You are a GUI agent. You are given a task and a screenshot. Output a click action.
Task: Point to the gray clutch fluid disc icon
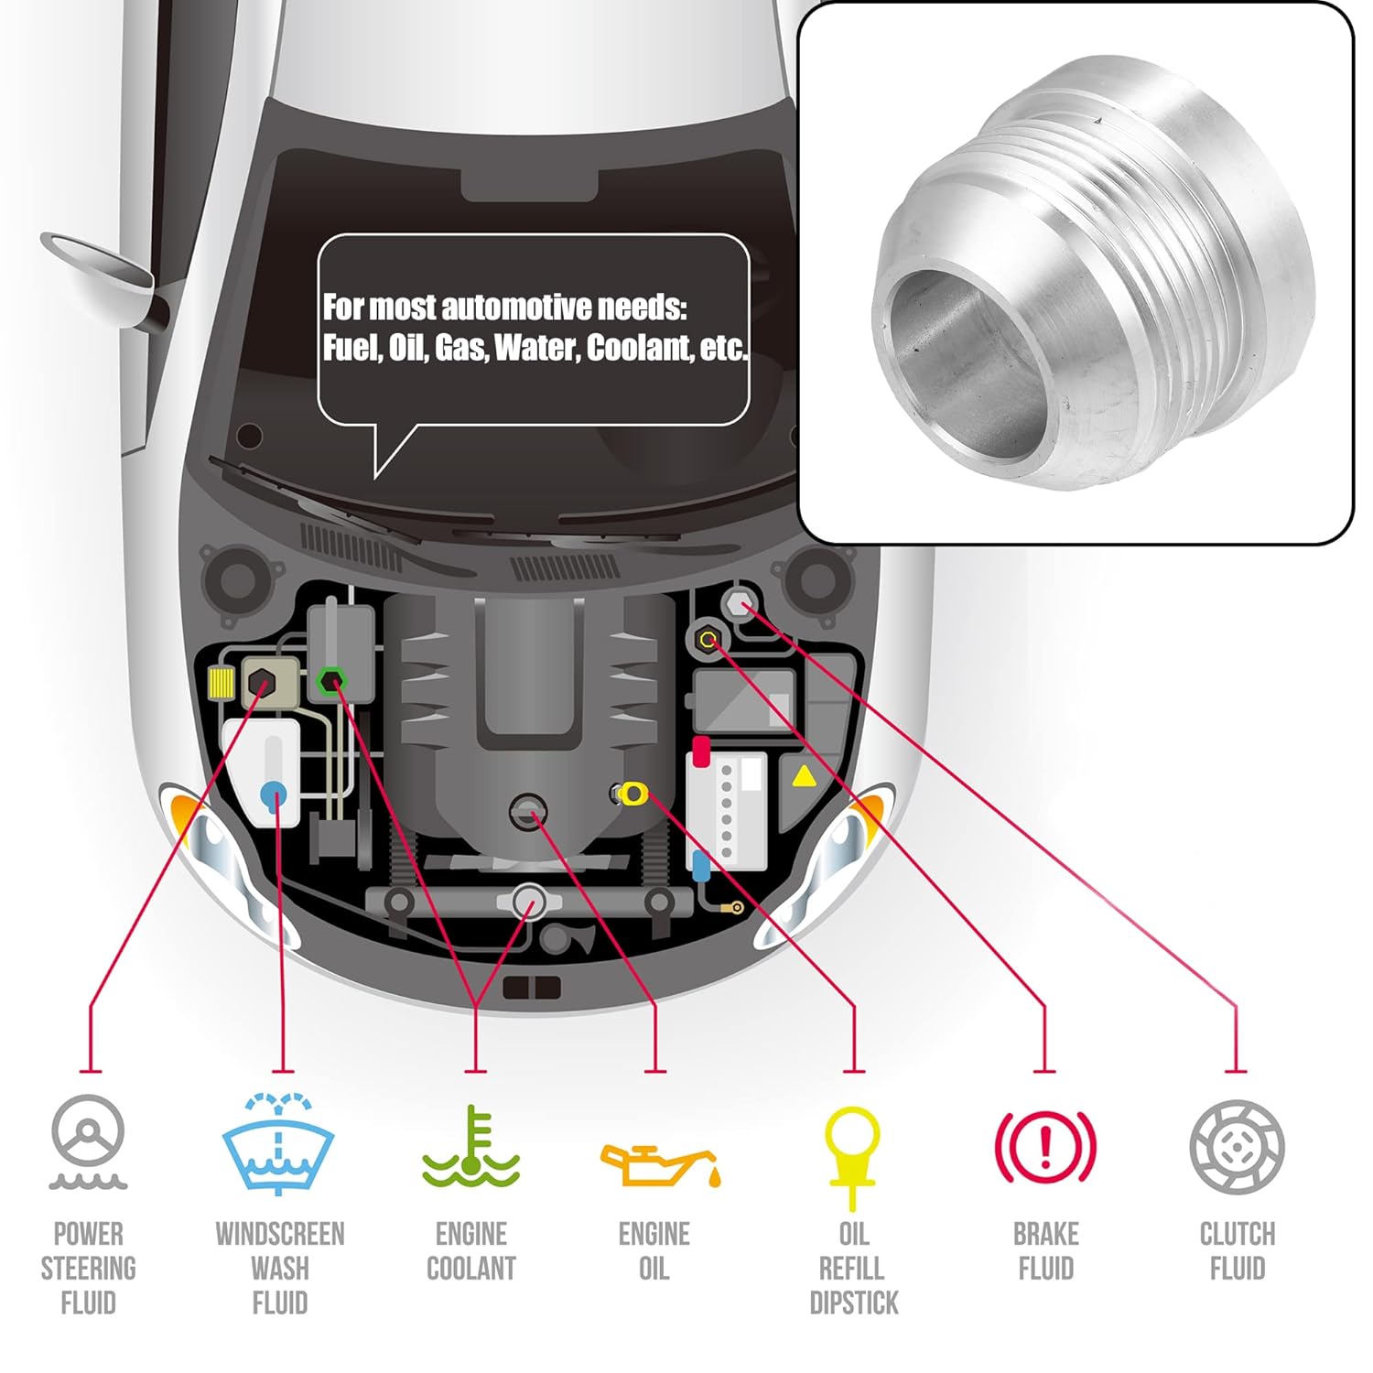tap(1237, 1147)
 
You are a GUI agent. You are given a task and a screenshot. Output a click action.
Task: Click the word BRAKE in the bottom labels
tap(1045, 1234)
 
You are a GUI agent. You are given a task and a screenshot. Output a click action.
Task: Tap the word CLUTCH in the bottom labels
tap(1237, 1234)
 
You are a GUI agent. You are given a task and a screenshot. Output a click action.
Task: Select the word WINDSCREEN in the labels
tap(280, 1234)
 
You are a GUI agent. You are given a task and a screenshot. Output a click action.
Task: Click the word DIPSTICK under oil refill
tap(854, 1303)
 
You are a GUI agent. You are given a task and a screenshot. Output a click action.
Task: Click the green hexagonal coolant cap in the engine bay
tap(331, 681)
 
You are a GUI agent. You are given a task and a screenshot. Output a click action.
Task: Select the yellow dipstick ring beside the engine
tap(632, 793)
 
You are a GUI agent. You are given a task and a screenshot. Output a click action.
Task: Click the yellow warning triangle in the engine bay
tap(803, 777)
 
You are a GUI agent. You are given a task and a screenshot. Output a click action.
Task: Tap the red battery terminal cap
tap(701, 751)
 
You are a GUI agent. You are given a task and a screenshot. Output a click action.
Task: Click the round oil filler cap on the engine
tap(528, 811)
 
